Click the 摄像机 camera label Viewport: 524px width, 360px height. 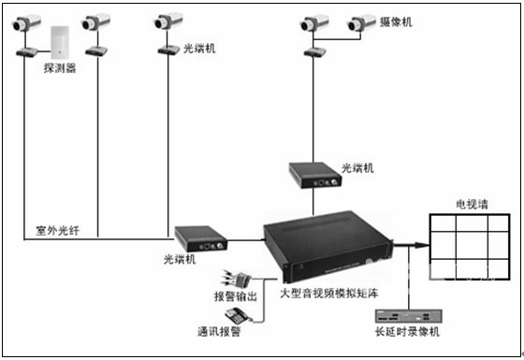pos(396,22)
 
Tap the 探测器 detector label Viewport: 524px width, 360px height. pos(60,68)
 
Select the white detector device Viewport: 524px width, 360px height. pos(60,43)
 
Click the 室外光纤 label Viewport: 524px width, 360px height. pos(57,230)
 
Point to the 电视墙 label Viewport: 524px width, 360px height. pos(472,204)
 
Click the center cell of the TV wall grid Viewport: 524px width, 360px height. pos(472,245)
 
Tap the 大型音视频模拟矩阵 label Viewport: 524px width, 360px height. pos(328,294)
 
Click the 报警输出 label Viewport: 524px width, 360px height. pos(236,296)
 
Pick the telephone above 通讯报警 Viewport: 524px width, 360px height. pos(239,316)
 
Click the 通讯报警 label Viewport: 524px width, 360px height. pos(219,332)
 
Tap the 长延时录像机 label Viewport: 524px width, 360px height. pos(407,332)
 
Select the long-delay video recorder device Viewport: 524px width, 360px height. pos(408,316)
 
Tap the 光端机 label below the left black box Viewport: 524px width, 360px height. pos(180,259)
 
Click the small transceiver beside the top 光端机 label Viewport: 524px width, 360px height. pos(168,50)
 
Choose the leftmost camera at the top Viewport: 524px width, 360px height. pos(26,22)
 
